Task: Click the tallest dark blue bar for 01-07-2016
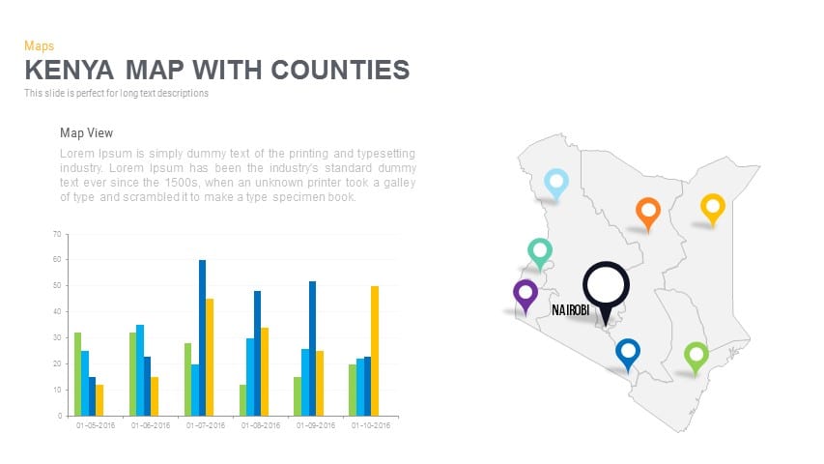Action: coord(203,337)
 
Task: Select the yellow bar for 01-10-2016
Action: coord(375,351)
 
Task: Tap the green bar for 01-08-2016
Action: coord(242,400)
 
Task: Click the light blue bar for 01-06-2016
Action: coord(140,370)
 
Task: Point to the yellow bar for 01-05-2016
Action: coord(99,400)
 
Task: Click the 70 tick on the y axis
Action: coord(57,234)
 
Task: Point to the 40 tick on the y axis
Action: coord(57,312)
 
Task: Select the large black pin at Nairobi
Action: coord(606,287)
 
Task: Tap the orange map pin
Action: coord(648,211)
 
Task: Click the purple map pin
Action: coord(526,293)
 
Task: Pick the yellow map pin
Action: coord(713,207)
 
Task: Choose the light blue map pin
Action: coord(556,182)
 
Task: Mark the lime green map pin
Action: coord(696,356)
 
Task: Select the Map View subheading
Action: coord(87,133)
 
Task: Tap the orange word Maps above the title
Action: coord(39,45)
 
